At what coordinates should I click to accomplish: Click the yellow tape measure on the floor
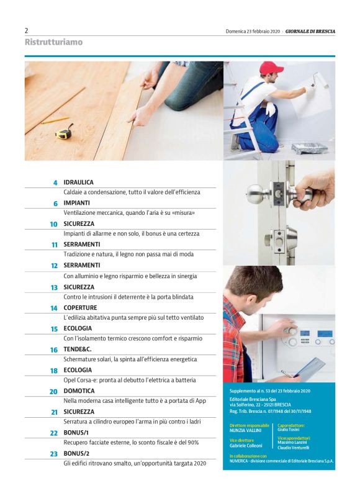(x=64, y=132)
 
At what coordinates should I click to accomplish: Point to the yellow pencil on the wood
(x=55, y=120)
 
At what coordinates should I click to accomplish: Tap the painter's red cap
(x=271, y=68)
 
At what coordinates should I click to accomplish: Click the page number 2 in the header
(x=26, y=30)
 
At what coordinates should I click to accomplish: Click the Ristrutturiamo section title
(x=53, y=42)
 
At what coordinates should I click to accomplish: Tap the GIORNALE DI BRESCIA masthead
(x=310, y=31)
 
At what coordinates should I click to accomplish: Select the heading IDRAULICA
(x=78, y=183)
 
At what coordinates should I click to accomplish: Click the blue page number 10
(x=53, y=224)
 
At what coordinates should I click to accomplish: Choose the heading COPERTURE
(x=80, y=307)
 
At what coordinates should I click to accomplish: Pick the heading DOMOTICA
(x=79, y=390)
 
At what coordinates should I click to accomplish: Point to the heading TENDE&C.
(x=78, y=349)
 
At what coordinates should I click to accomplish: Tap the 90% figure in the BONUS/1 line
(x=192, y=442)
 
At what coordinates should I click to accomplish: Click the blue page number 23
(x=54, y=454)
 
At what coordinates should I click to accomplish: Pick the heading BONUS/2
(x=76, y=453)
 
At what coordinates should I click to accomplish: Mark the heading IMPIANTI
(x=76, y=203)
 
